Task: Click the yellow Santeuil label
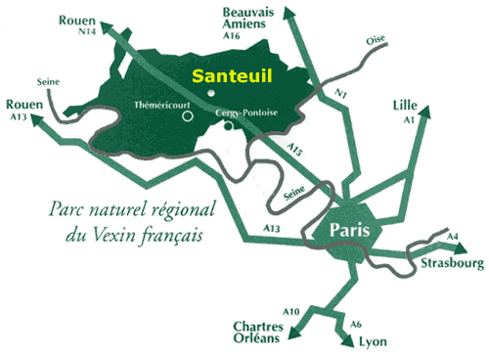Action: pos(231,74)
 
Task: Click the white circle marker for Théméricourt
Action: pos(187,116)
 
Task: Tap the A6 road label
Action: pos(356,324)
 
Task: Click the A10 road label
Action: pos(291,311)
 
